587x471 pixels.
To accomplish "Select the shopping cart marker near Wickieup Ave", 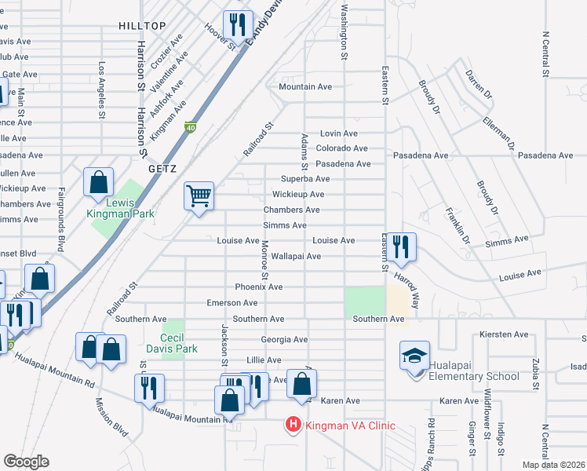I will (199, 195).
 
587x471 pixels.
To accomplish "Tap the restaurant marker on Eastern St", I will (401, 246).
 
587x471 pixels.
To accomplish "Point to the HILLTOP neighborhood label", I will (142, 26).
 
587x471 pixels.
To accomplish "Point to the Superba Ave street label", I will (300, 179).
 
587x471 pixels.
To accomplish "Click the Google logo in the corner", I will (26, 462).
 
